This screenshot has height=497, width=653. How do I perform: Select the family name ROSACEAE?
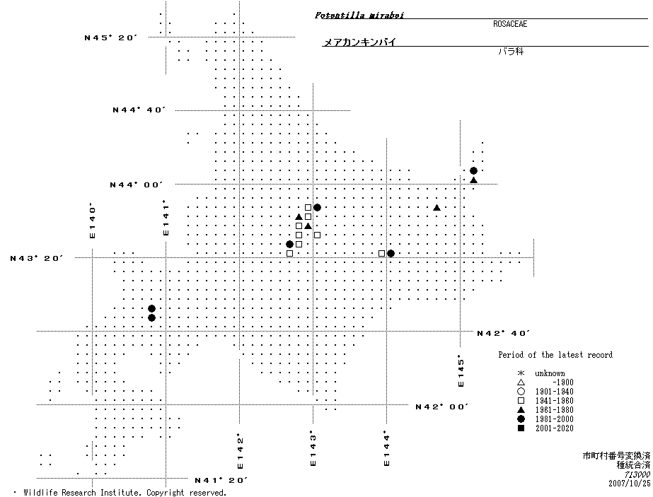click(510, 24)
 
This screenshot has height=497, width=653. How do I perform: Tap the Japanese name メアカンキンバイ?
click(359, 42)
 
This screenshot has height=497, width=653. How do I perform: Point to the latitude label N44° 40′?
click(139, 110)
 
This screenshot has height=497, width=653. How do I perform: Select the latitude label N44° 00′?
click(137, 185)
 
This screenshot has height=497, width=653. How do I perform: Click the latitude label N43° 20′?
click(37, 258)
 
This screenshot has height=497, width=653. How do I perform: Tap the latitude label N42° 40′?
click(504, 333)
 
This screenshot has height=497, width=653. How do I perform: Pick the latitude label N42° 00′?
click(443, 407)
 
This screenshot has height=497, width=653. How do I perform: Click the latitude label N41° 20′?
click(221, 480)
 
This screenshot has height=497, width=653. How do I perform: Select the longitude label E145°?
click(461, 370)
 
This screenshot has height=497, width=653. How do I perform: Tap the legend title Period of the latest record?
click(555, 355)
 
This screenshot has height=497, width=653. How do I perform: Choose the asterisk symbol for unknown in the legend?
click(521, 373)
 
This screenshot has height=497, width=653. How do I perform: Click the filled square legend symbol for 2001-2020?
click(521, 428)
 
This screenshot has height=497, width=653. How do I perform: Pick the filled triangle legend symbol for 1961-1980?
click(521, 410)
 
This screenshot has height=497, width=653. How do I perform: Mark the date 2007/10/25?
click(629, 484)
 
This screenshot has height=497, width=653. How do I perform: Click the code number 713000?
click(635, 474)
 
